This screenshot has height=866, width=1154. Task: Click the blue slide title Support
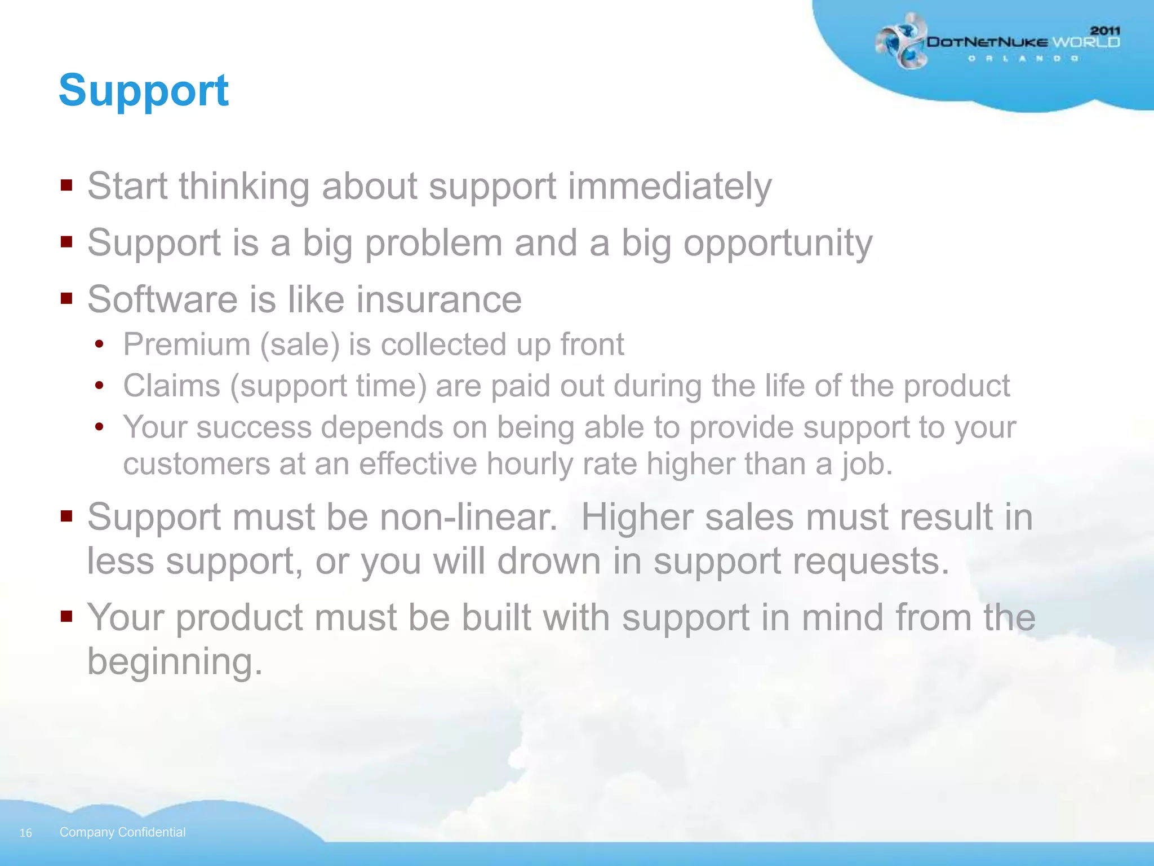[x=144, y=90]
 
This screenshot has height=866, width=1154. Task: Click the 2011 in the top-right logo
[x=1104, y=30]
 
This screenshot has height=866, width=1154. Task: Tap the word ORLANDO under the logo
[x=1023, y=59]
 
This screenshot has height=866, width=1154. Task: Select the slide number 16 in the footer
[x=26, y=833]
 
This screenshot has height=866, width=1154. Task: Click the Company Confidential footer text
[x=122, y=832]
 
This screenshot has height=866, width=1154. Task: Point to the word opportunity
[x=778, y=244]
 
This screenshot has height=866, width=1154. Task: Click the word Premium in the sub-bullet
[x=187, y=344]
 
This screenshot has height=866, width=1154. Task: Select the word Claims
[x=171, y=386]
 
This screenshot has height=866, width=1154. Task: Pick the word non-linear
[x=468, y=517]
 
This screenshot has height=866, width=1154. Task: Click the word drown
[x=549, y=562]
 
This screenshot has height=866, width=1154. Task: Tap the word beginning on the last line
[x=174, y=662]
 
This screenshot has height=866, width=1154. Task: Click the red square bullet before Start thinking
[x=66, y=185]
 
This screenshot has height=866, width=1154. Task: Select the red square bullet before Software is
[x=66, y=298]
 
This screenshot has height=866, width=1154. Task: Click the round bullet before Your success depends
[x=100, y=427]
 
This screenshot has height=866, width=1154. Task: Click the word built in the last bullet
[x=496, y=617]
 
